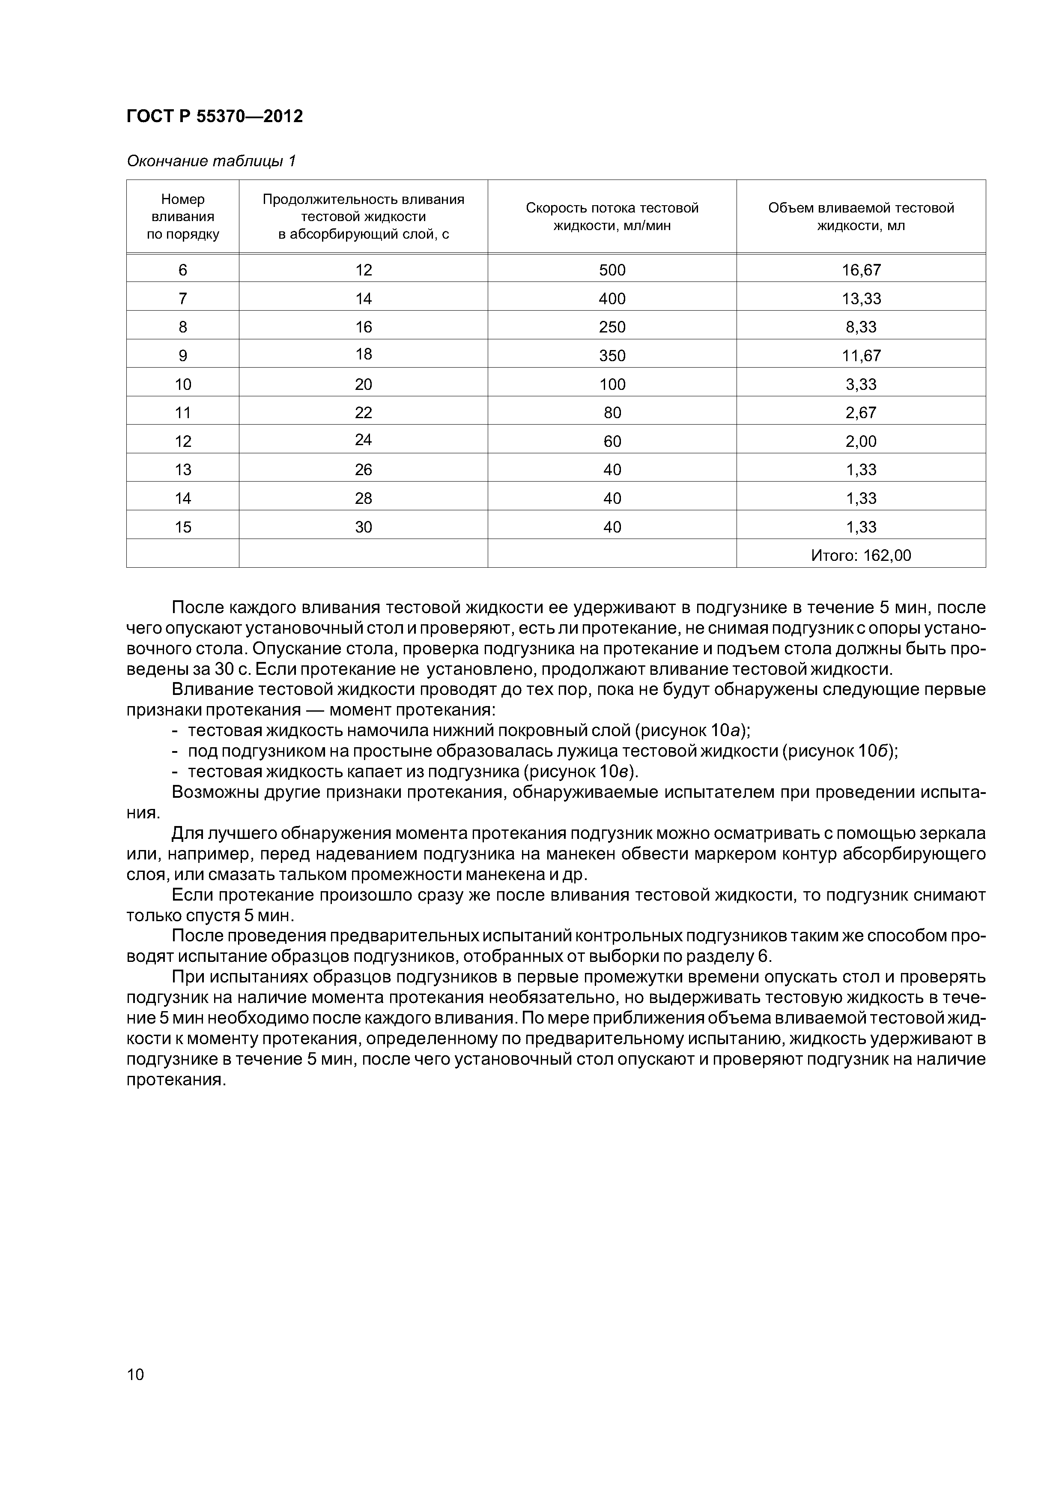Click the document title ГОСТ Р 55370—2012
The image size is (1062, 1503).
point(215,117)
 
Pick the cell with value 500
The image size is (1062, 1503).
point(612,269)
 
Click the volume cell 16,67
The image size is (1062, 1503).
point(861,269)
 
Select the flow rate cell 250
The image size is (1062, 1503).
point(612,326)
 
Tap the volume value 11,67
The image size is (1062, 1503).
point(861,356)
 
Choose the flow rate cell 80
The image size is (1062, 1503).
point(612,413)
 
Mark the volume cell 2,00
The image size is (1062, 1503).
point(861,441)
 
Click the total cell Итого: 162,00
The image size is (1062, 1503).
point(861,555)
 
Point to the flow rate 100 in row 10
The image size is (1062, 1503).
point(612,384)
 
